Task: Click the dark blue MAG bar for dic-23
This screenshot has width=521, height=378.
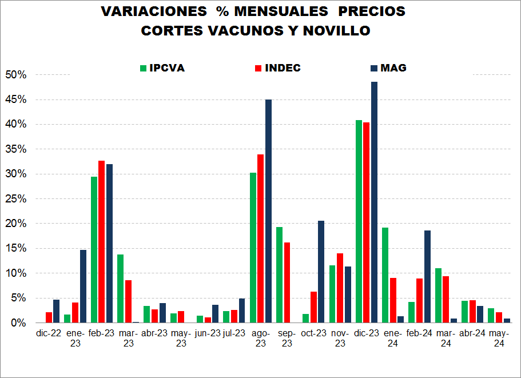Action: point(374,202)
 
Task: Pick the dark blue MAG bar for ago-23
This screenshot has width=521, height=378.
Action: point(268,211)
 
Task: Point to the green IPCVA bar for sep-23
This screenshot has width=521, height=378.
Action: point(280,275)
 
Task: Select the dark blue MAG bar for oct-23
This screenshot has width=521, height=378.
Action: point(321,272)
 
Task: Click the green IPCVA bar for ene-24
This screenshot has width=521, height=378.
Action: point(385,275)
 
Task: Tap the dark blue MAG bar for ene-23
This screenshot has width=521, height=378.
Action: point(83,286)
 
